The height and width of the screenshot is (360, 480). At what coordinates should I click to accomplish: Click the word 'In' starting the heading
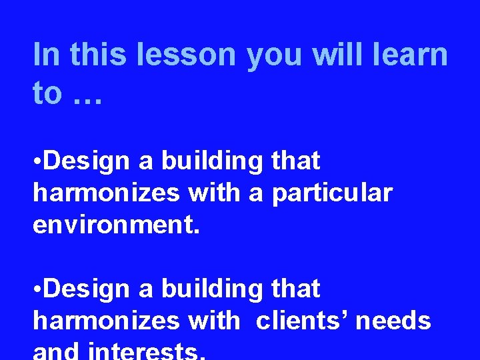[x=46, y=55]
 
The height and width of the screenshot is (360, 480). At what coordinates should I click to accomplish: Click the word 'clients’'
[x=302, y=321]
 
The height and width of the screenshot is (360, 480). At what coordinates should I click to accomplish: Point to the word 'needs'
[x=393, y=321]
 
